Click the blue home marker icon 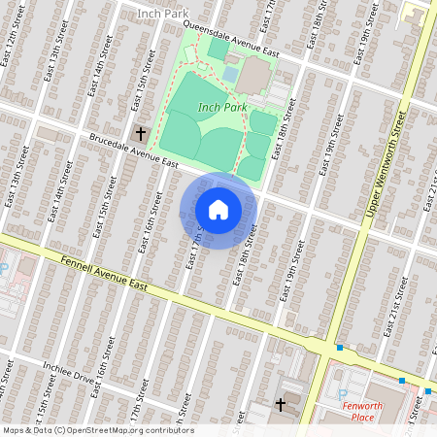[218, 210]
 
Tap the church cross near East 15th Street [141, 132]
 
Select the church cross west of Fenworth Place [282, 403]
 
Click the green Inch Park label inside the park [222, 106]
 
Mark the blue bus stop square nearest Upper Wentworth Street [340, 348]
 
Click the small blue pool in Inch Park [230, 74]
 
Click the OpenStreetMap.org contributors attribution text [127, 430]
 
